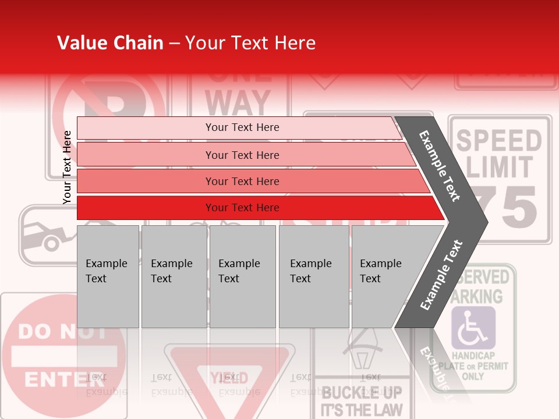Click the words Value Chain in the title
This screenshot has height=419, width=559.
[x=110, y=43]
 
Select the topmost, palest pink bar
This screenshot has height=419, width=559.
[x=242, y=127]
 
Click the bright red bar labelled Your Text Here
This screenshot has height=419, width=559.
[x=242, y=208]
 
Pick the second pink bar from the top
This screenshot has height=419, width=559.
[x=242, y=155]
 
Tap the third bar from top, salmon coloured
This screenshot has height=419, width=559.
[x=242, y=181]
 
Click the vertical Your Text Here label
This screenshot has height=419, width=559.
[x=67, y=167]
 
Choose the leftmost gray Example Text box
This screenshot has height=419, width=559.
[x=108, y=276]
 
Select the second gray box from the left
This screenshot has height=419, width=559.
[x=174, y=276]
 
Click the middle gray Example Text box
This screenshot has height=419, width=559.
[x=242, y=276]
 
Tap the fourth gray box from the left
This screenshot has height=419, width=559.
[x=313, y=276]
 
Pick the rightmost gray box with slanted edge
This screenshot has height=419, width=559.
[x=384, y=276]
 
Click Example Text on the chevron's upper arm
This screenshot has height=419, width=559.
[x=440, y=166]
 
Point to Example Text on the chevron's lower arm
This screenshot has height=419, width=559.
[x=441, y=275]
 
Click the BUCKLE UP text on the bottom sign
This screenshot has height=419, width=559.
[x=361, y=392]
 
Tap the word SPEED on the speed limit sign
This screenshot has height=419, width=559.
[x=498, y=140]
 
